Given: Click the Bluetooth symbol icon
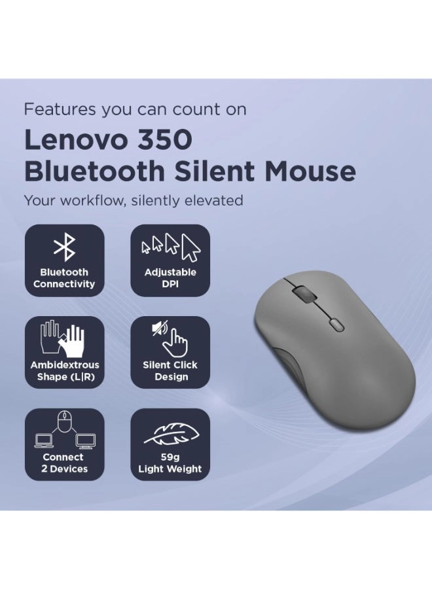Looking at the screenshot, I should click(64, 248).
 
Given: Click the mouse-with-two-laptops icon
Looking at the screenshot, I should click(64, 430).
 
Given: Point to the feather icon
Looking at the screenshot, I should click(170, 433).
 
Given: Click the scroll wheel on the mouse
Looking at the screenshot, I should click(301, 294).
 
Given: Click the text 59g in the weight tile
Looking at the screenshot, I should click(170, 457).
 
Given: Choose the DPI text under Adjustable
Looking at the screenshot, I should click(170, 284).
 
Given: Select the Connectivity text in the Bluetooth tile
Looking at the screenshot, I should click(64, 284).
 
